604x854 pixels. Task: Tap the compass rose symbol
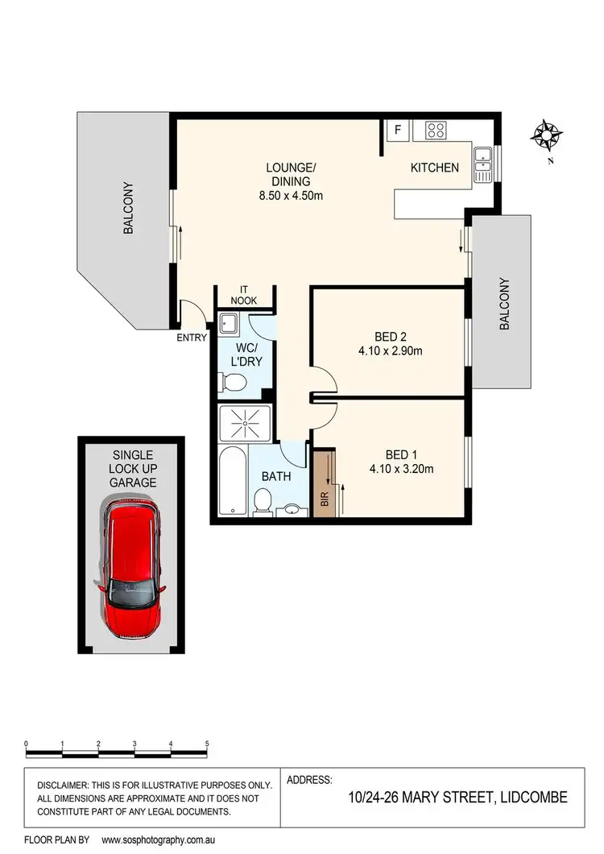tap(548, 134)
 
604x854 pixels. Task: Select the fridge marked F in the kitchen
tap(396, 130)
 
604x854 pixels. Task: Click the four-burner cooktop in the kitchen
tap(436, 130)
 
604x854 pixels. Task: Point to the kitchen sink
tap(482, 163)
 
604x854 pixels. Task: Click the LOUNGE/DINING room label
tap(292, 181)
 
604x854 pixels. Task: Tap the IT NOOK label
tap(245, 295)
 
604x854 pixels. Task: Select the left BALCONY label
tap(127, 209)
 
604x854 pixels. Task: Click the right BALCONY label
tap(505, 305)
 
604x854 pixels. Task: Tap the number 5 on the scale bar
tap(207, 744)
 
